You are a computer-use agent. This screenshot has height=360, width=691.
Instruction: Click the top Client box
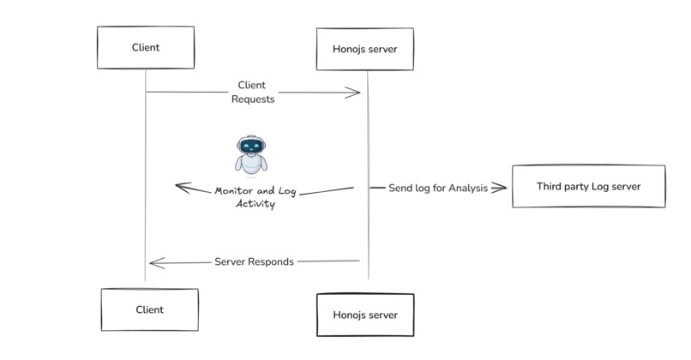145,47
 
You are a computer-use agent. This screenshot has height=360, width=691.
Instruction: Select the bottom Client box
149,309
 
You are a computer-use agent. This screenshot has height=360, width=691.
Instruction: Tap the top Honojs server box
364,49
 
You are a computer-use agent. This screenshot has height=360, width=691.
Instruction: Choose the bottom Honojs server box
365,315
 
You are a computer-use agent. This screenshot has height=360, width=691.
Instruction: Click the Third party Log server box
588,186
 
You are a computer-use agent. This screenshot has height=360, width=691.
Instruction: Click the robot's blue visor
250,147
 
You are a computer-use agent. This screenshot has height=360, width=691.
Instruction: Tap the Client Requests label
253,93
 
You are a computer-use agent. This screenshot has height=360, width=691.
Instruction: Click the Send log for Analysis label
437,188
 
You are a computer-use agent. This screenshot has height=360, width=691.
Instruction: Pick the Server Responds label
254,261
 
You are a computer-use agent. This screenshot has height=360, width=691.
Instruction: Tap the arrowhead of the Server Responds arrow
154,263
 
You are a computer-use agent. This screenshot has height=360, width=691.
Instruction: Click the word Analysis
467,188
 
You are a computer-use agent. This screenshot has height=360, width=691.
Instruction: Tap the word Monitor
234,191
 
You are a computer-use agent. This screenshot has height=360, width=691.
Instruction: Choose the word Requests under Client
253,99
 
